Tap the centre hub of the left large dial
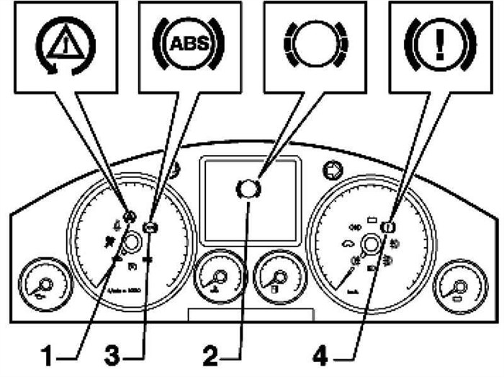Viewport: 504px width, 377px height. (x=132, y=244)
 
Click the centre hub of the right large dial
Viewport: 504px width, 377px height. (x=371, y=245)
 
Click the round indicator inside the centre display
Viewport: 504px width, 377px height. (x=248, y=189)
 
